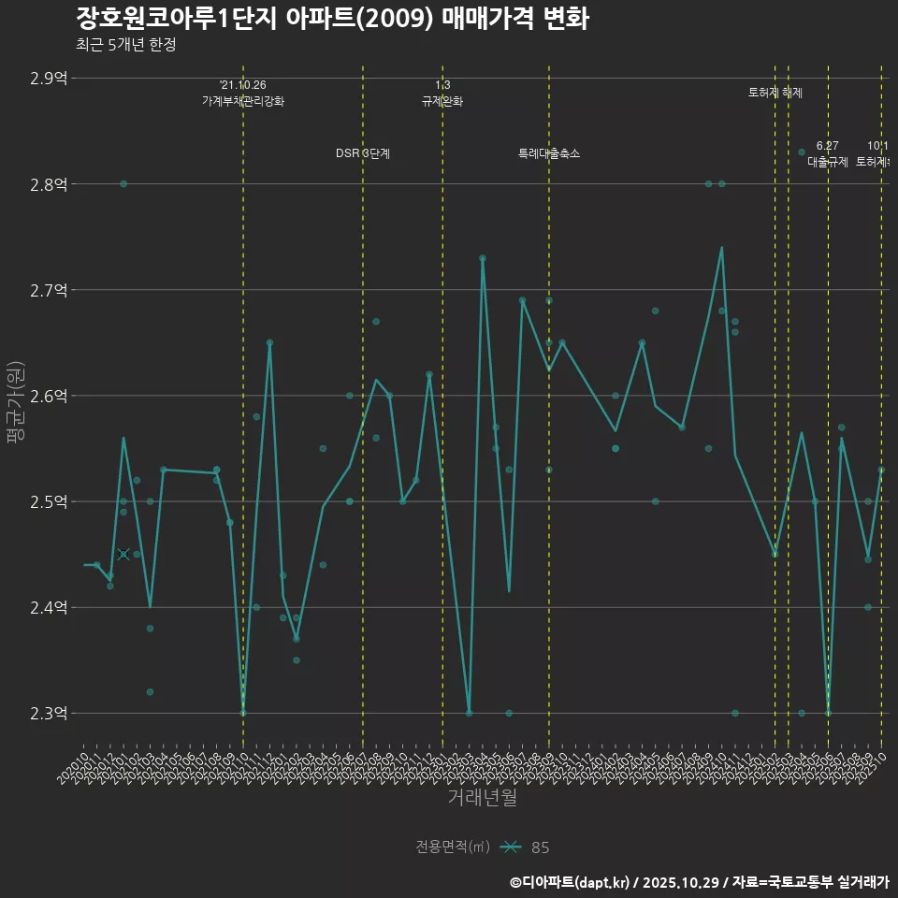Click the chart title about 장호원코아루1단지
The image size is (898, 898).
tap(331, 18)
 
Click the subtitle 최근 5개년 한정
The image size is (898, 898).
tap(125, 44)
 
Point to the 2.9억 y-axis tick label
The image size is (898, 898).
tap(49, 79)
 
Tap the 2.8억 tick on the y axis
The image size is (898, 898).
tap(49, 184)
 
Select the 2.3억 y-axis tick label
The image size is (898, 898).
tap(49, 714)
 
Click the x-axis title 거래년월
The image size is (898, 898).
tap(482, 798)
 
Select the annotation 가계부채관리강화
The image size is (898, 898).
tap(243, 101)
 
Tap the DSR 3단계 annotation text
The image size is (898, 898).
tap(363, 153)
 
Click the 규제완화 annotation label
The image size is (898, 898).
tap(442, 101)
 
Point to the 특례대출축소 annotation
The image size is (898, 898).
tap(549, 153)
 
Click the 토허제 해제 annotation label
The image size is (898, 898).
tap(775, 93)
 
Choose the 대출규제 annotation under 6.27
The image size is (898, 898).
tap(828, 161)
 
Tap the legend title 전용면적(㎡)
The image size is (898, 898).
tap(453, 847)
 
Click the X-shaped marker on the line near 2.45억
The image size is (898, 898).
tap(123, 555)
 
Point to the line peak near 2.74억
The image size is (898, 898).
tap(722, 248)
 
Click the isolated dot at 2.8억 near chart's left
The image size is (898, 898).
tap(123, 183)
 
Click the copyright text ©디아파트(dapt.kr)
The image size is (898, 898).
tap(571, 882)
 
